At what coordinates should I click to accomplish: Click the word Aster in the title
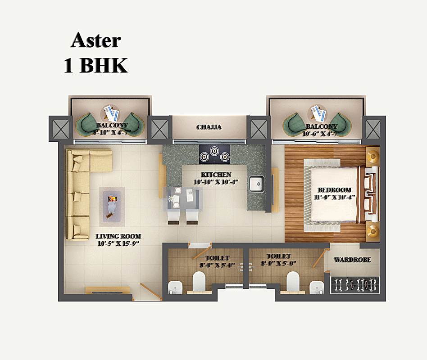click(x=95, y=40)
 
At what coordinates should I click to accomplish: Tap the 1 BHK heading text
click(x=95, y=66)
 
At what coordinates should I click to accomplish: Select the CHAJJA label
click(x=209, y=127)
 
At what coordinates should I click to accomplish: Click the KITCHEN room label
click(x=216, y=175)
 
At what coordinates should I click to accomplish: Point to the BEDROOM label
click(x=334, y=190)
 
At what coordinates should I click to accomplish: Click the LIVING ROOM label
click(x=118, y=236)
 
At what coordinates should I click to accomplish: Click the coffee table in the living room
click(x=112, y=205)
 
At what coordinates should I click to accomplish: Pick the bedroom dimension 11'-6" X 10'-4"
click(x=334, y=197)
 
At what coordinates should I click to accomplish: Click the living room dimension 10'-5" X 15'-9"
click(x=118, y=244)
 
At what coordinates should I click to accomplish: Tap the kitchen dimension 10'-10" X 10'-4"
click(x=216, y=182)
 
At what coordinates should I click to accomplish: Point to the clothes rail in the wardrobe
click(x=355, y=284)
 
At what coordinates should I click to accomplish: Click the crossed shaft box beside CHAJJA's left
click(x=159, y=129)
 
